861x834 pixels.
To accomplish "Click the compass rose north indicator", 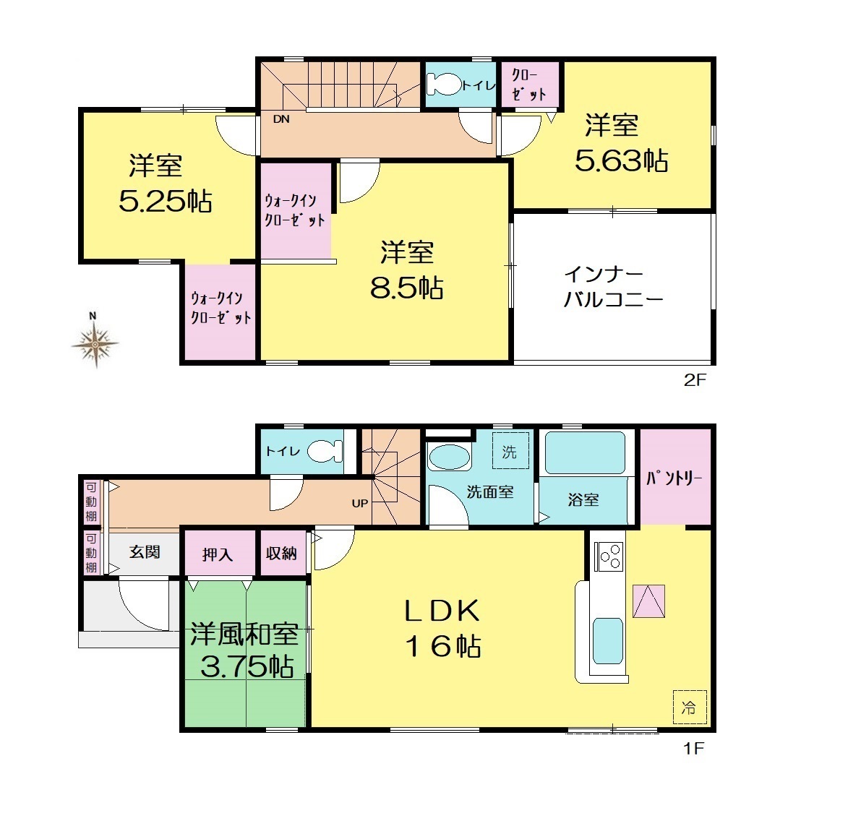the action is (95, 340).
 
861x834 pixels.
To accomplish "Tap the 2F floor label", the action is (695, 380).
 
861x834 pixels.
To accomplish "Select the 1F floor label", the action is (693, 748).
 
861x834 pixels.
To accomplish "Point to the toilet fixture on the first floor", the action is (325, 451).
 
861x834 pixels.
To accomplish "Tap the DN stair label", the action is (281, 119).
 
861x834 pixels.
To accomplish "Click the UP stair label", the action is (360, 503).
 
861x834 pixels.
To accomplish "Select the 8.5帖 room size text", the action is (407, 288).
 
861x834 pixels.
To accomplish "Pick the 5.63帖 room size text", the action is (621, 161).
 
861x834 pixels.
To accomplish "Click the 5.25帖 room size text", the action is (166, 202).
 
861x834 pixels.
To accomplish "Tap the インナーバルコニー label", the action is (613, 287).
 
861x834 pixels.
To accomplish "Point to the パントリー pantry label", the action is (674, 478).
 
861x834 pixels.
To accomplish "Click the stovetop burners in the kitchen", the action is (609, 556).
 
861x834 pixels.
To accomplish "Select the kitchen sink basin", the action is (608, 641).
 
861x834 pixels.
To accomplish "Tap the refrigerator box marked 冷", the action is (690, 708).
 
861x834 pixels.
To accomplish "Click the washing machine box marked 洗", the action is (510, 451).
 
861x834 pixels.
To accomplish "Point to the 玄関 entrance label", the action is (145, 552).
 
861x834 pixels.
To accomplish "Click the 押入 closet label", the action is (218, 554).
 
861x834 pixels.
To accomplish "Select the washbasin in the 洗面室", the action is (449, 456).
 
